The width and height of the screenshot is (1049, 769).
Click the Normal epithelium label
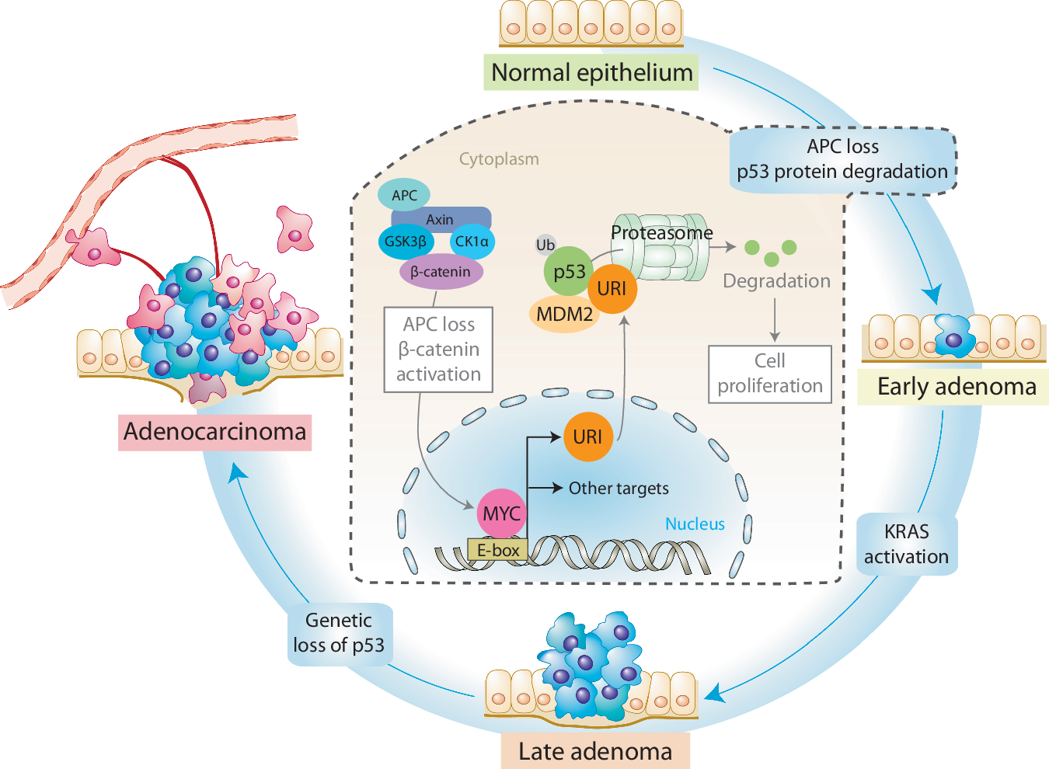click(x=591, y=72)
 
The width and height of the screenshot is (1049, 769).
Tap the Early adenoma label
click(x=955, y=386)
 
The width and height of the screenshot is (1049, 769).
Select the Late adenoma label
click(x=594, y=751)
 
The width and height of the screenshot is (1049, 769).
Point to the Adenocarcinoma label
click(x=214, y=431)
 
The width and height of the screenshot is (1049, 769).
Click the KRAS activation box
click(x=906, y=544)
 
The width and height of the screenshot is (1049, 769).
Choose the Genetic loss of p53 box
click(x=339, y=633)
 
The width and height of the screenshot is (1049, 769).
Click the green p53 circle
click(x=568, y=272)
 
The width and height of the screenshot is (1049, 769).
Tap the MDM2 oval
click(x=564, y=314)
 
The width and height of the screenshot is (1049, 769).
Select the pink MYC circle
click(x=501, y=513)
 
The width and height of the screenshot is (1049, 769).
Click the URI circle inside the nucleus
click(x=587, y=437)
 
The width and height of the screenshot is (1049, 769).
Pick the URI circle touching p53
click(x=612, y=289)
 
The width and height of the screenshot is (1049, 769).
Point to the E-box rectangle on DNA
click(x=497, y=550)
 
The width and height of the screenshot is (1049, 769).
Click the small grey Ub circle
click(x=545, y=245)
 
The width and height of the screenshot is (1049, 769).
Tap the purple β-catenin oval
click(x=441, y=272)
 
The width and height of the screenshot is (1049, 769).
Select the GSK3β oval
click(x=405, y=242)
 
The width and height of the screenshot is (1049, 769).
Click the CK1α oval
click(x=472, y=242)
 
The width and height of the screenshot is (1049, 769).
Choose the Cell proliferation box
click(x=769, y=374)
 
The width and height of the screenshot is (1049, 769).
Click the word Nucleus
click(x=695, y=524)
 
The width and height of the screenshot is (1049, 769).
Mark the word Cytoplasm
click(x=498, y=159)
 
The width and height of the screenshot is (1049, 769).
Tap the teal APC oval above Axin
click(x=403, y=195)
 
